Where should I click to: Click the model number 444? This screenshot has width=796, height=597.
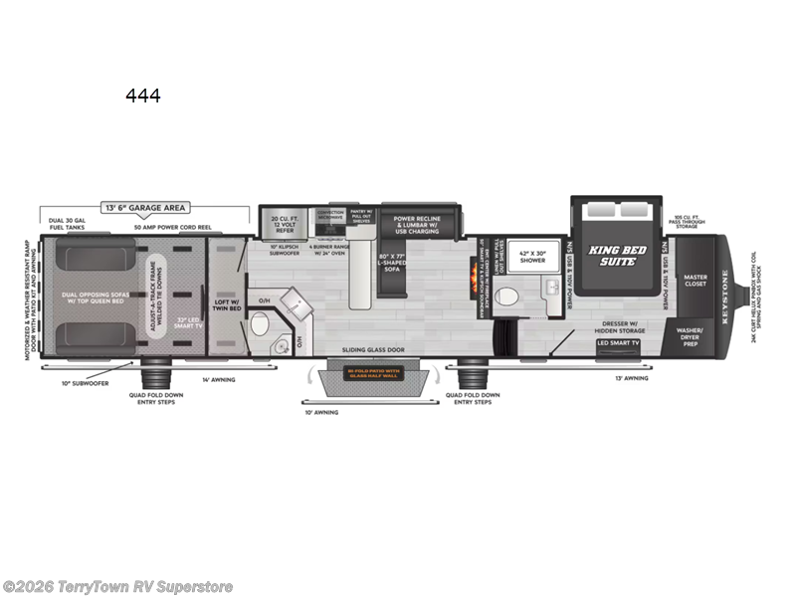pyautogui.click(x=142, y=97)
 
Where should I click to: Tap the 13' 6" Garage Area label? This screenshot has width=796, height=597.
pyautogui.click(x=146, y=208)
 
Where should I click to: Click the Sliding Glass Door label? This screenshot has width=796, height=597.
pyautogui.click(x=372, y=349)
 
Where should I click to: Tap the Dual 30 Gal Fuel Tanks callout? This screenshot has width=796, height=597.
pyautogui.click(x=65, y=224)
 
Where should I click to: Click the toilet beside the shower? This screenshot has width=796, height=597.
pyautogui.click(x=506, y=296)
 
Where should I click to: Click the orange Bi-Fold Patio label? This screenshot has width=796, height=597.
pyautogui.click(x=373, y=375)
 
